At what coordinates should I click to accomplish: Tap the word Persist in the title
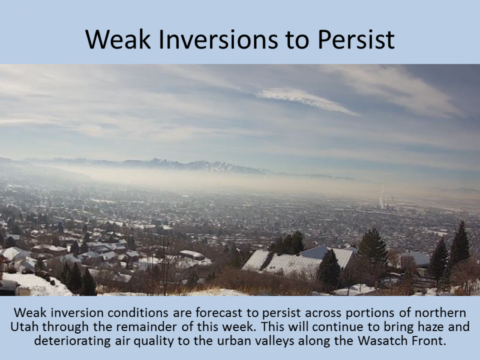click(x=356, y=39)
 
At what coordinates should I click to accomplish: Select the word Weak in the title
click(x=118, y=39)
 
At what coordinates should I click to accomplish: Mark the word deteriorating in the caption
click(x=72, y=341)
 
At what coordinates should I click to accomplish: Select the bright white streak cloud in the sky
click(x=306, y=101)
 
